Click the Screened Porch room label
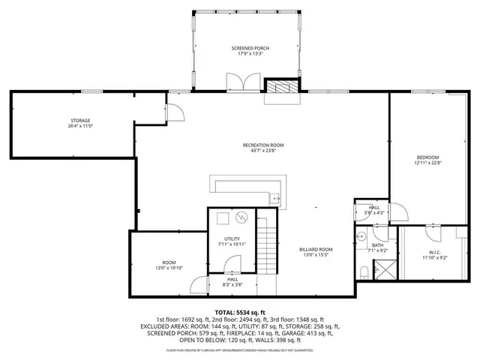click(250, 48)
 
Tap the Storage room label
click(80, 121)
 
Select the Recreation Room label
click(263, 145)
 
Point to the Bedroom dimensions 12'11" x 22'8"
click(427, 163)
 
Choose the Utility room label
click(232, 238)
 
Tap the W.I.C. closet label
click(435, 252)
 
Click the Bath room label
click(377, 244)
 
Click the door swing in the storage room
click(175, 112)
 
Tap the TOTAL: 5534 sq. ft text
click(240, 312)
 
